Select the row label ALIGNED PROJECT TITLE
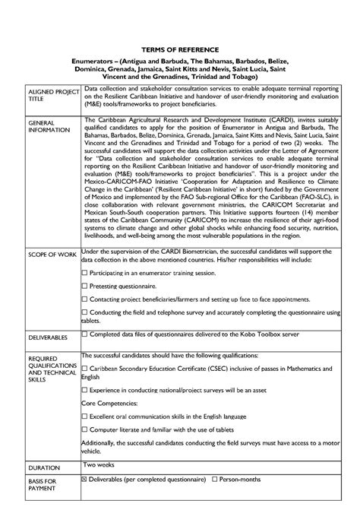48,96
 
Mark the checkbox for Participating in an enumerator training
84,271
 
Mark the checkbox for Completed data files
84,333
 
